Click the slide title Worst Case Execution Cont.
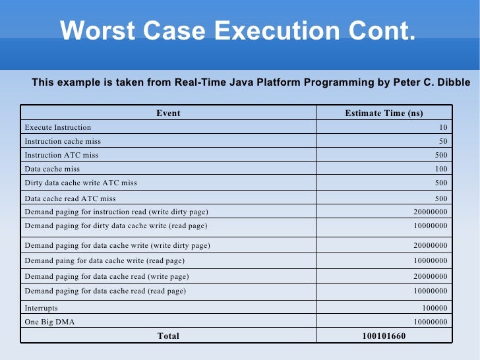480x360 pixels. tap(237, 30)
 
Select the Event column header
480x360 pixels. tap(168, 113)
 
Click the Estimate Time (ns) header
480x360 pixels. tap(384, 113)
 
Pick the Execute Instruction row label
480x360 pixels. tap(58, 127)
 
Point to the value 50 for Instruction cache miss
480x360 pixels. tap(443, 141)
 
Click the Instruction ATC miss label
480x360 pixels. tap(61, 155)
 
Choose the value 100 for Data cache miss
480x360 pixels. tap(441, 169)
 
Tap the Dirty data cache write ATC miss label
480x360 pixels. tap(80, 183)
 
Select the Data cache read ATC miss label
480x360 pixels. tap(70, 198)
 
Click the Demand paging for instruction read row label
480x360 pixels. tap(116, 212)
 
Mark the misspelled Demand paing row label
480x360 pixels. tap(105, 260)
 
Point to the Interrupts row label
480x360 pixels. tap(41, 308)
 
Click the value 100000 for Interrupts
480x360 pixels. tap(435, 308)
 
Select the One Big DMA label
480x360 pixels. tap(50, 322)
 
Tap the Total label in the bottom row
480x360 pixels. tap(168, 336)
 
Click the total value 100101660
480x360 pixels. tap(384, 336)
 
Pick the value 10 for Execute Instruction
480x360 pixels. tap(443, 127)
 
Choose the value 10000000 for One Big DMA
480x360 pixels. tap(430, 322)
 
